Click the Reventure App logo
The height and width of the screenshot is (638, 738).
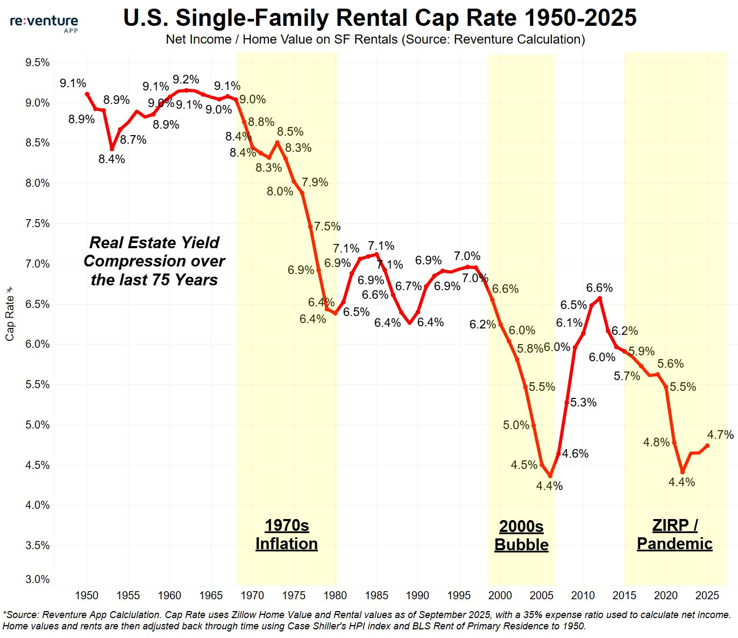44,23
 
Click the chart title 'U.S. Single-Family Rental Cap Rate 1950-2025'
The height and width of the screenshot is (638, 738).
380,18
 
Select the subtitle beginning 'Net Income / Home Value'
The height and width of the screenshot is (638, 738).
375,39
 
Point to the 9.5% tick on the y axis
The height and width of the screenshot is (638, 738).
37,62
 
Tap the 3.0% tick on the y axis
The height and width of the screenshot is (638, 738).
37,579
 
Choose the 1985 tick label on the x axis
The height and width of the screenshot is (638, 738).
377,595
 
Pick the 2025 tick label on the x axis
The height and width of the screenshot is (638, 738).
707,595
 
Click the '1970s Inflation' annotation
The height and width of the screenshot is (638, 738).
287,535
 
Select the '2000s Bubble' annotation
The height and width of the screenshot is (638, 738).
521,536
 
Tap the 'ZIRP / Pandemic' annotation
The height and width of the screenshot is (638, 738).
675,535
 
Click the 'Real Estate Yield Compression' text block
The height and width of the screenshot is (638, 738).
154,261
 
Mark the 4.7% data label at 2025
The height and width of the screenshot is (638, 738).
720,434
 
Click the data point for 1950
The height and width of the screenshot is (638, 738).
87,94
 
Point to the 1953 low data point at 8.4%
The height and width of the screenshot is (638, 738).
112,149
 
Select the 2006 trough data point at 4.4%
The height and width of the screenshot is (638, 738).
550,476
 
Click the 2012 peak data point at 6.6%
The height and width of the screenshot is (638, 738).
600,298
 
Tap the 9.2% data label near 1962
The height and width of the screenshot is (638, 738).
186,80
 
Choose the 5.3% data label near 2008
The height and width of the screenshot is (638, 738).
583,403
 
